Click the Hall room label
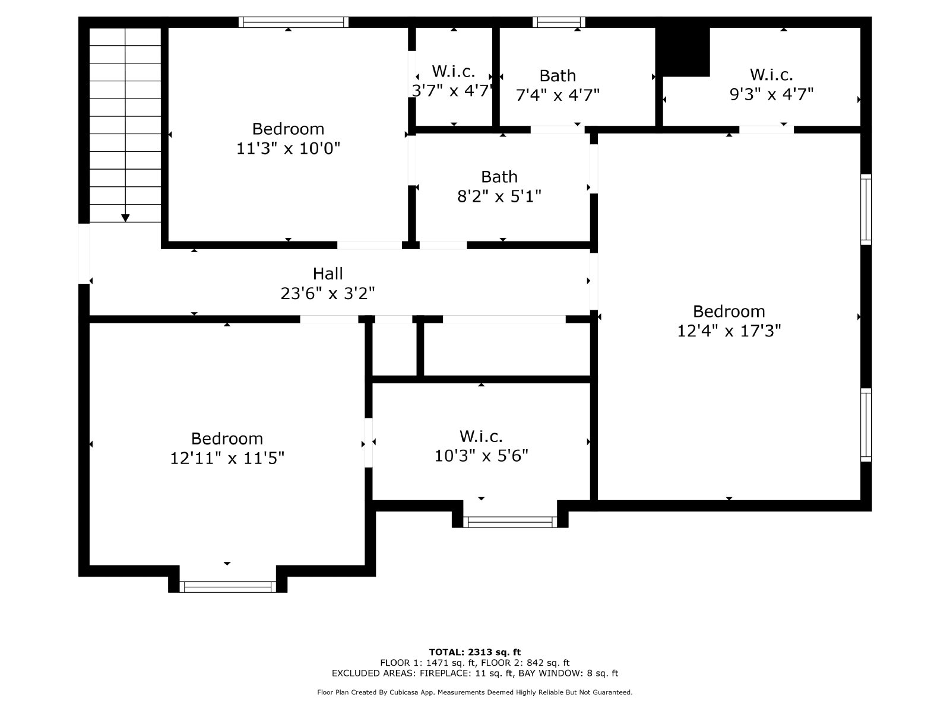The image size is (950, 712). (x=328, y=274)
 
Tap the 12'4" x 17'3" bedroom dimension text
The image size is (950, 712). (x=729, y=330)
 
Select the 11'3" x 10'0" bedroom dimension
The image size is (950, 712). (x=288, y=148)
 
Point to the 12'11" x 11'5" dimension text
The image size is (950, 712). (x=227, y=458)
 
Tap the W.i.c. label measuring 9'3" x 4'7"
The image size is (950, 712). (x=771, y=75)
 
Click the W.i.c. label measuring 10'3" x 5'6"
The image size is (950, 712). (x=481, y=437)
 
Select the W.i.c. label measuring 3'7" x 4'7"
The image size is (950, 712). (x=453, y=72)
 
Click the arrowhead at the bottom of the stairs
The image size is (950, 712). (x=125, y=218)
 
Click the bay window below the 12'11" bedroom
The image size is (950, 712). (x=227, y=587)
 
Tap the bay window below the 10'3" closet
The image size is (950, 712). (x=510, y=522)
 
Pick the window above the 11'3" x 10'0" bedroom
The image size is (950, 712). (x=293, y=22)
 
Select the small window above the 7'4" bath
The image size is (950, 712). (x=559, y=22)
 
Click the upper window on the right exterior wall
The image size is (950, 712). (x=866, y=209)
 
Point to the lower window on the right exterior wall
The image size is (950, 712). (x=866, y=425)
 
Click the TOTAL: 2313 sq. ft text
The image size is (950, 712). (x=474, y=652)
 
